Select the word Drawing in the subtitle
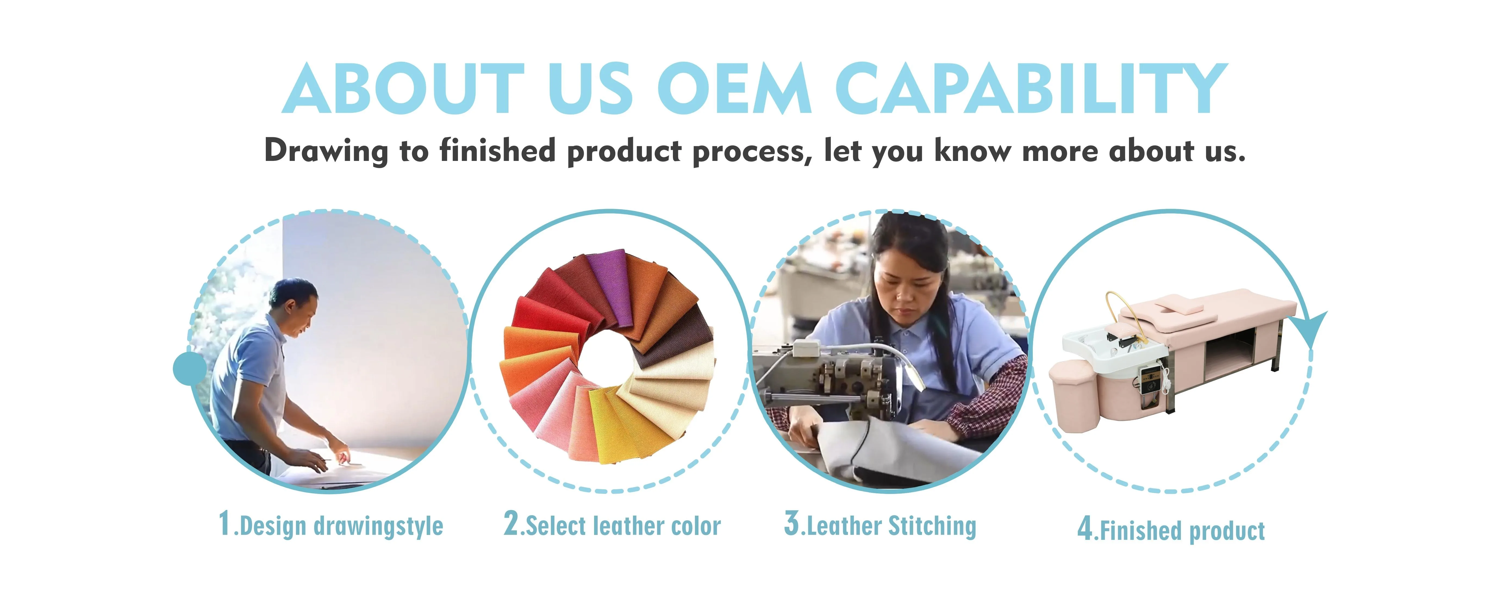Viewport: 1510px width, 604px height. [326, 151]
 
